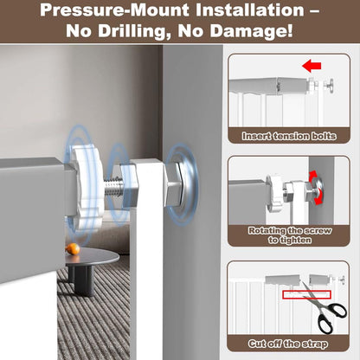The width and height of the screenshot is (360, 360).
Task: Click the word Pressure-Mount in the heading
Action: [x=115, y=10]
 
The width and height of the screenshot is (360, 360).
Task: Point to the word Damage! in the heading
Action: [x=251, y=31]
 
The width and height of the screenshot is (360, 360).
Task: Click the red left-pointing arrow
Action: [x=312, y=67]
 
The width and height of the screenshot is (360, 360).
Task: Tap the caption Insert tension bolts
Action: [x=289, y=136]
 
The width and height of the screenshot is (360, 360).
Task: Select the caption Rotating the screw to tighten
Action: [x=290, y=235]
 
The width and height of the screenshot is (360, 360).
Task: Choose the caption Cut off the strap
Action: [x=288, y=344]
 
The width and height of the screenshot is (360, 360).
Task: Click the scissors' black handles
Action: [x=331, y=318]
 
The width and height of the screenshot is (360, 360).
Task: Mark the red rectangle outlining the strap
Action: [x=306, y=295]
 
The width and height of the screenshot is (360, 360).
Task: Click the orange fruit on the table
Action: [x=73, y=249]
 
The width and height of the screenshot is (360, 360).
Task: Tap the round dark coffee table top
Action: [x=91, y=258]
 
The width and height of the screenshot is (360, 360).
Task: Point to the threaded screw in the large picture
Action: [x=113, y=188]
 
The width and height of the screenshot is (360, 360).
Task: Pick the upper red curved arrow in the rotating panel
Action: [x=314, y=176]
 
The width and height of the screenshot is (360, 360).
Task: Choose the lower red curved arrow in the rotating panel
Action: [x=317, y=199]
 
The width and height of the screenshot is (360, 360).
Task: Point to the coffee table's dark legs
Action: [x=80, y=280]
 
